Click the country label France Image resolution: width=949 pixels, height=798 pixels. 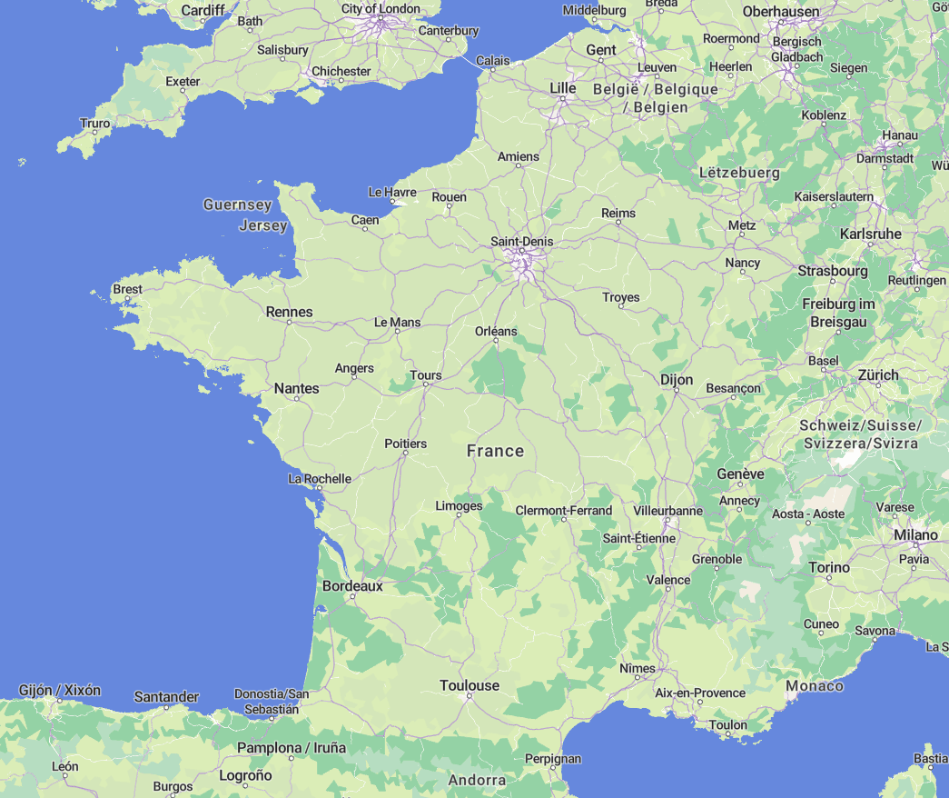[495, 451]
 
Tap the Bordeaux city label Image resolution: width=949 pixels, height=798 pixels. [352, 586]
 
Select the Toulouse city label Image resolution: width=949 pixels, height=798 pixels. [470, 685]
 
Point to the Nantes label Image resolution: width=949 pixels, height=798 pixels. [297, 388]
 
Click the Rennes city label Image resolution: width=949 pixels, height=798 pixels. [289, 312]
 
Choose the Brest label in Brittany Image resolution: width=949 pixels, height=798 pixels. [127, 289]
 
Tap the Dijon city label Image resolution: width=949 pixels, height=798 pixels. [677, 380]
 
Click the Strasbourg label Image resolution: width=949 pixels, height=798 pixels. [833, 271]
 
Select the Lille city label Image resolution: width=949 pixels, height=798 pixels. [563, 87]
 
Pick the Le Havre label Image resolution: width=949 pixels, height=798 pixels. [392, 192]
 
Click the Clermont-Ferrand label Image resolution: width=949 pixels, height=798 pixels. [563, 511]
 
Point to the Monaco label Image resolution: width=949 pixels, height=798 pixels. [815, 685]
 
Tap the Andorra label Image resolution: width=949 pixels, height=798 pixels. [477, 780]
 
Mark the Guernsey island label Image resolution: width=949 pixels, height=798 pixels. [237, 204]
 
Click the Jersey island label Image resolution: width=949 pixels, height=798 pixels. [262, 225]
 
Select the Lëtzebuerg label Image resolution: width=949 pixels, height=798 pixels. [739, 173]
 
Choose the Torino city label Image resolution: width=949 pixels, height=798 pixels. [829, 567]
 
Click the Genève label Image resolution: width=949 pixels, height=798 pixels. [740, 474]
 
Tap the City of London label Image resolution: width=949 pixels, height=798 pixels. [381, 9]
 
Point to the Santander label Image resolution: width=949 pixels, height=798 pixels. [166, 697]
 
